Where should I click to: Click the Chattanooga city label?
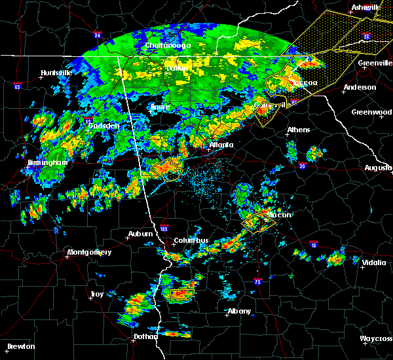point(168,45)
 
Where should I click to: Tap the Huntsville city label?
point(56,73)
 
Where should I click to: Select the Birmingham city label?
point(48,162)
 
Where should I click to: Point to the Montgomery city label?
point(90,253)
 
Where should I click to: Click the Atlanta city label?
point(221,145)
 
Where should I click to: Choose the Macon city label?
point(279,214)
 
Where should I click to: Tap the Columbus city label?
point(191,240)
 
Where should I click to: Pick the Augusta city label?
point(378,168)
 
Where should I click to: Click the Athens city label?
point(298,130)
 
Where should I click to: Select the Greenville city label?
point(375,63)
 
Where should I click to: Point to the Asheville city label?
point(365,7)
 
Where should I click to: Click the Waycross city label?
point(376,338)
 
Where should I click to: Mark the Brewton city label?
point(21,346)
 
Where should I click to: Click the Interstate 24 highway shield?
point(96,35)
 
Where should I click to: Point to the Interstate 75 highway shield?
point(257,281)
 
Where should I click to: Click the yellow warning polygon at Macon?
point(257,222)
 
